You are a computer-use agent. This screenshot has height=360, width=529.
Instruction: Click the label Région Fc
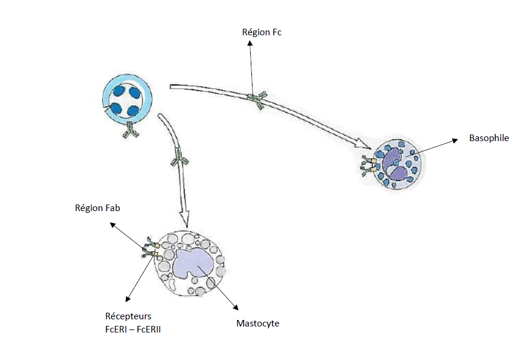pyautogui.click(x=262, y=32)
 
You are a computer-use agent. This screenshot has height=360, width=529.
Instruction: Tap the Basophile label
pyautogui.click(x=489, y=138)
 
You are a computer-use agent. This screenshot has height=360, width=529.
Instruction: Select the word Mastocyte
pyautogui.click(x=258, y=324)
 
